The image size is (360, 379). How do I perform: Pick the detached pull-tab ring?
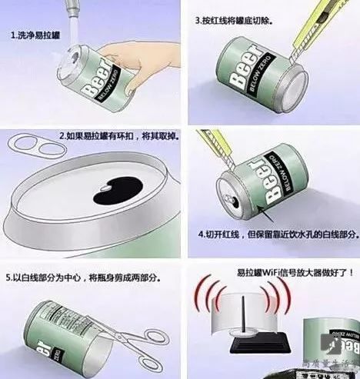click(24, 145)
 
